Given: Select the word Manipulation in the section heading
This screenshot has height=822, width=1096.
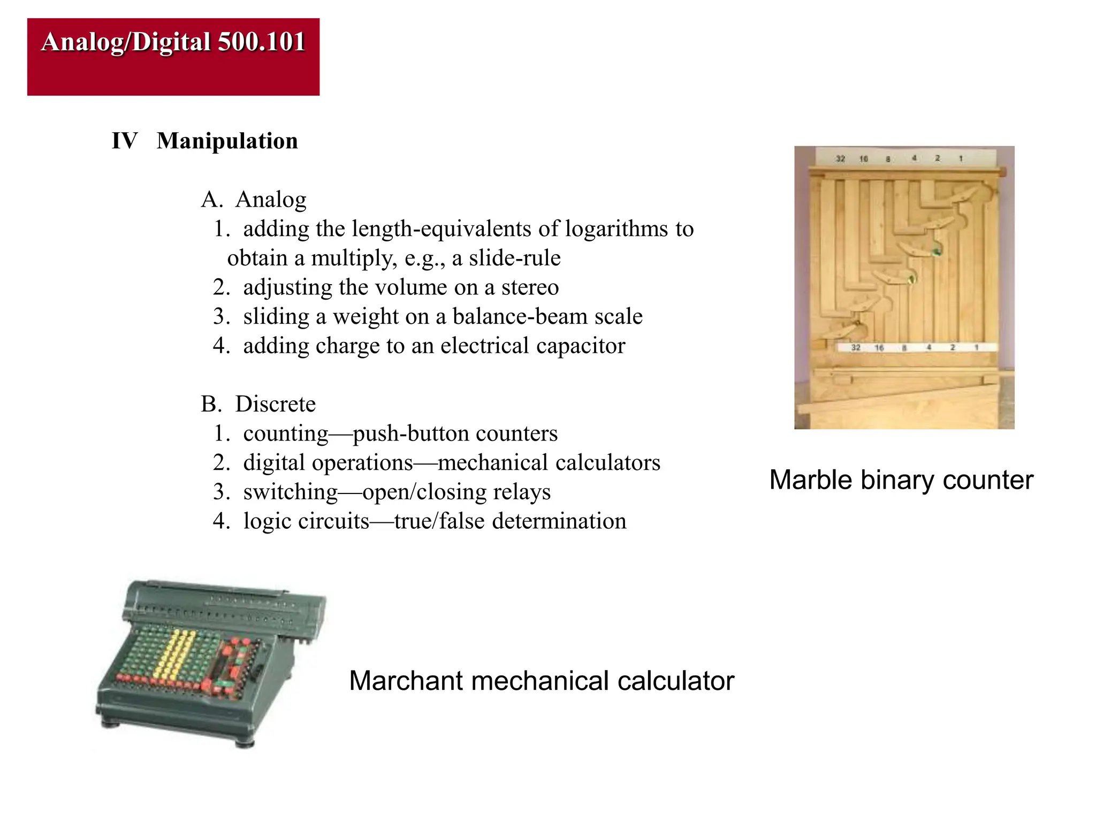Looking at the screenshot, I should (x=227, y=141).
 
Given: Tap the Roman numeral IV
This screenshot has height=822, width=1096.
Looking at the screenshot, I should (x=124, y=141).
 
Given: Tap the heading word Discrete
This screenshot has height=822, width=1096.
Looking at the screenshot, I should (x=275, y=404).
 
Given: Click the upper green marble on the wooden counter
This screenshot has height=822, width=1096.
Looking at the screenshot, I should (x=937, y=250).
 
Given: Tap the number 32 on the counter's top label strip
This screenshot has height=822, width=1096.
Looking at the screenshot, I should (x=841, y=159).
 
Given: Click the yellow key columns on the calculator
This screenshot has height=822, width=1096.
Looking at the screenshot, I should (x=177, y=656).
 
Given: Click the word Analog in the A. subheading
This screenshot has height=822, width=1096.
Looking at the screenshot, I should (x=271, y=200).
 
